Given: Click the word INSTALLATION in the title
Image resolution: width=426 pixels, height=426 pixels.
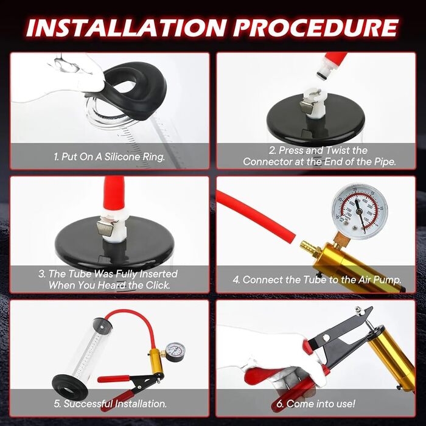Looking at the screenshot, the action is [x=126, y=28].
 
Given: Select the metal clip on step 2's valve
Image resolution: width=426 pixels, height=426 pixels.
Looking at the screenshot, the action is [x=307, y=106].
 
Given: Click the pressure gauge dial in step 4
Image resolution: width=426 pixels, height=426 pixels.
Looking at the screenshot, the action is [x=360, y=211].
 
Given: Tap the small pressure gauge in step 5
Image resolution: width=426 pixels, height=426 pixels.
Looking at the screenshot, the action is [x=175, y=352].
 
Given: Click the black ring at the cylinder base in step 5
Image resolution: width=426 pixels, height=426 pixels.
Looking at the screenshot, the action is [x=70, y=385].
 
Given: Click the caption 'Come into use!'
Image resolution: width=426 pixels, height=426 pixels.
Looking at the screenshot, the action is [x=316, y=403].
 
